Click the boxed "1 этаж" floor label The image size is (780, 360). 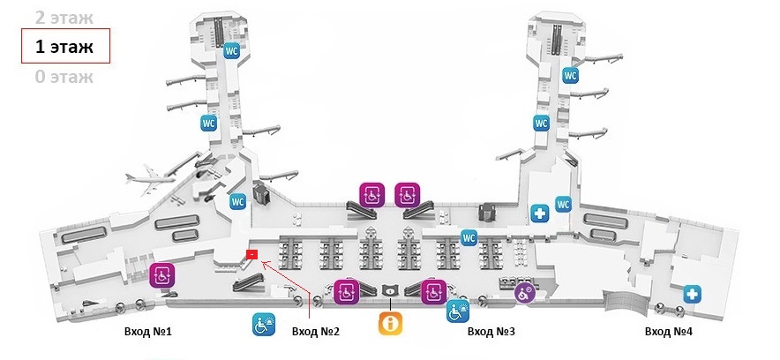64,46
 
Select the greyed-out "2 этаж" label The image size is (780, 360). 63,17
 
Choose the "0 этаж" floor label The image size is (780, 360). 64,76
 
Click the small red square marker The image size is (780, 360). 251,254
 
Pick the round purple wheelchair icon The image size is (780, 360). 525,291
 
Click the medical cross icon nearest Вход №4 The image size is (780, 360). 693,293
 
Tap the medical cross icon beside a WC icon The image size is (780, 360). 540,212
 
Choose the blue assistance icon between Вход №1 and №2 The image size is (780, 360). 265,325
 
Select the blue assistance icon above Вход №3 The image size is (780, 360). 456,311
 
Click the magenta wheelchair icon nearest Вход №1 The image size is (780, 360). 161,274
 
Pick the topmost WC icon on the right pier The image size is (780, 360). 569,75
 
